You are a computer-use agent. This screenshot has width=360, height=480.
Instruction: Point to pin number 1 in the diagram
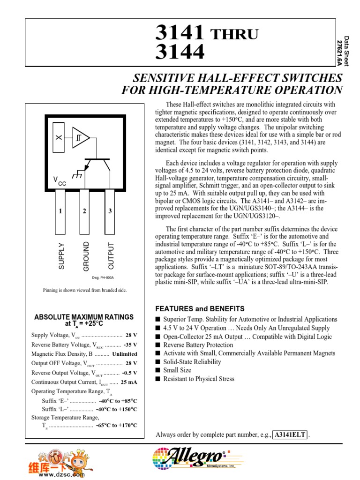click(x=60, y=211)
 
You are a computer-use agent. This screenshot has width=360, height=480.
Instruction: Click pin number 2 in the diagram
click(x=85, y=211)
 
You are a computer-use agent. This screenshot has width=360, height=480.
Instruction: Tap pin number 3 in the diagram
click(x=110, y=211)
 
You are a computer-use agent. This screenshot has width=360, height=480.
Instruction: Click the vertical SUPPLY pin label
click(x=61, y=256)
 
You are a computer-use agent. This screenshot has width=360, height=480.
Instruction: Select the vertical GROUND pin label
click(x=86, y=256)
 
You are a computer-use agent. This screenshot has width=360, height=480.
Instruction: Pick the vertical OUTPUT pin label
click(x=111, y=256)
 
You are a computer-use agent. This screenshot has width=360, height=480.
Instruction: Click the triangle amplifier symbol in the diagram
click(x=80, y=137)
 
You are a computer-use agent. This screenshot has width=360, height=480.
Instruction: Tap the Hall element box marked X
click(x=59, y=138)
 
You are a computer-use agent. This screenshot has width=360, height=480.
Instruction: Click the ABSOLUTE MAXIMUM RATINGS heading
click(x=84, y=317)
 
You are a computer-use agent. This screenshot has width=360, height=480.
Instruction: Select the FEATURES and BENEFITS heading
click(x=200, y=309)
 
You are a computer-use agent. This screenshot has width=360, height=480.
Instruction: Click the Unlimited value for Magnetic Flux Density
click(x=125, y=354)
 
